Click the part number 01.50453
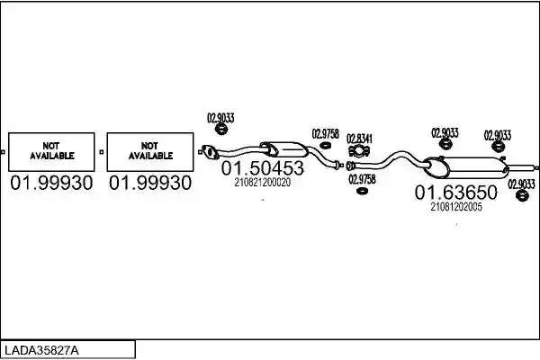pos(263,168)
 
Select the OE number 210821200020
pos(263,182)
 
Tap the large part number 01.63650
pos(456,193)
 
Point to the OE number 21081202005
pos(456,207)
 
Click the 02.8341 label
pos(359,139)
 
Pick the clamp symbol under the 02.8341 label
pos(359,151)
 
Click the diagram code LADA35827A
pos(41,351)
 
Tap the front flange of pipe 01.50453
pos(210,152)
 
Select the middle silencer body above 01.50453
pos(284,149)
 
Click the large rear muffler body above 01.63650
pos(466,167)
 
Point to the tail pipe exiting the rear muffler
pos(522,167)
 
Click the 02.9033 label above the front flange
pos(220,118)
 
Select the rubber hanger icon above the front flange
pos(221,130)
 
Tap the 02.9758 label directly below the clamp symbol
pos(362,179)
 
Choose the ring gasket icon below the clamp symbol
pos(362,191)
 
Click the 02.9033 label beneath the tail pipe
pos(521,184)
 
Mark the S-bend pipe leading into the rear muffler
pos(389,160)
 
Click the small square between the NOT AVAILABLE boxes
pos(101,152)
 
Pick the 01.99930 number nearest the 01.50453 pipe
pos(150,183)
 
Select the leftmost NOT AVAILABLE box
pos(51,152)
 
